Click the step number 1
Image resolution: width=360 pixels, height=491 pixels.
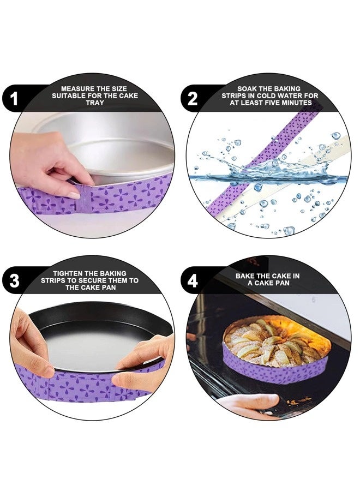click(14, 99)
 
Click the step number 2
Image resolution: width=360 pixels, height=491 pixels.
click(193, 99)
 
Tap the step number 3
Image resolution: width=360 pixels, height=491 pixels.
click(14, 280)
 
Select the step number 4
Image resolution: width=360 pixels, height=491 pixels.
click(193, 280)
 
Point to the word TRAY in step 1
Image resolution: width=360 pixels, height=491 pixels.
click(95, 103)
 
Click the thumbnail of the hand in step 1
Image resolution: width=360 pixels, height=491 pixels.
click(74, 196)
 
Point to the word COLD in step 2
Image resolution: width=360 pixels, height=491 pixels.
click(267, 96)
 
